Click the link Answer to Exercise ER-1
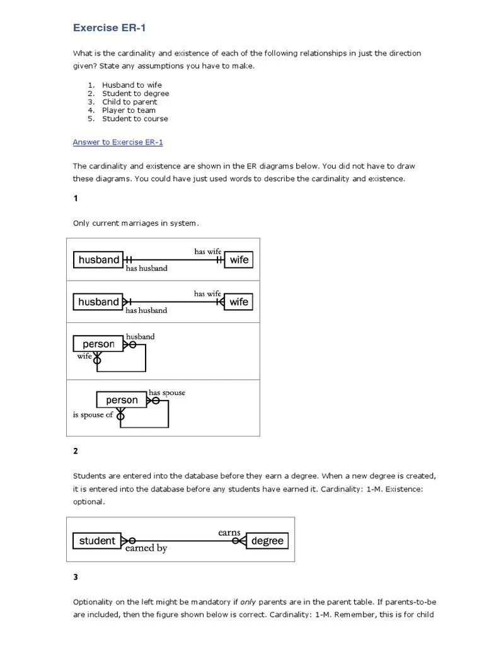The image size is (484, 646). point(118,142)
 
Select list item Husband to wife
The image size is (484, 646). point(132,85)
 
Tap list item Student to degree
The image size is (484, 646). point(135,93)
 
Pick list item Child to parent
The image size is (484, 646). point(130,102)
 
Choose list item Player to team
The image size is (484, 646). point(129,110)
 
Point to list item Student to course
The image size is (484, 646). point(135,119)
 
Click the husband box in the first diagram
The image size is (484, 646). point(98,260)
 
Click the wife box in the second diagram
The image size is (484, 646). point(239,302)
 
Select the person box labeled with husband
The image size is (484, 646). point(98,344)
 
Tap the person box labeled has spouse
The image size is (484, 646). point(122,400)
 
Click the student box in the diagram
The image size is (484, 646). point(97,541)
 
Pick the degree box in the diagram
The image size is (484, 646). point(267,541)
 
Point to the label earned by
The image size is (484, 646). point(146,549)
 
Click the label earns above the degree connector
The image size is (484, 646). point(229,532)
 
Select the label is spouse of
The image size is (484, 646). point(93,415)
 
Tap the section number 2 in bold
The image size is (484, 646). point(76,451)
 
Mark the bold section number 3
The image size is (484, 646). point(76,577)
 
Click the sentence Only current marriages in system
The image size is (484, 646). point(135,223)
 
